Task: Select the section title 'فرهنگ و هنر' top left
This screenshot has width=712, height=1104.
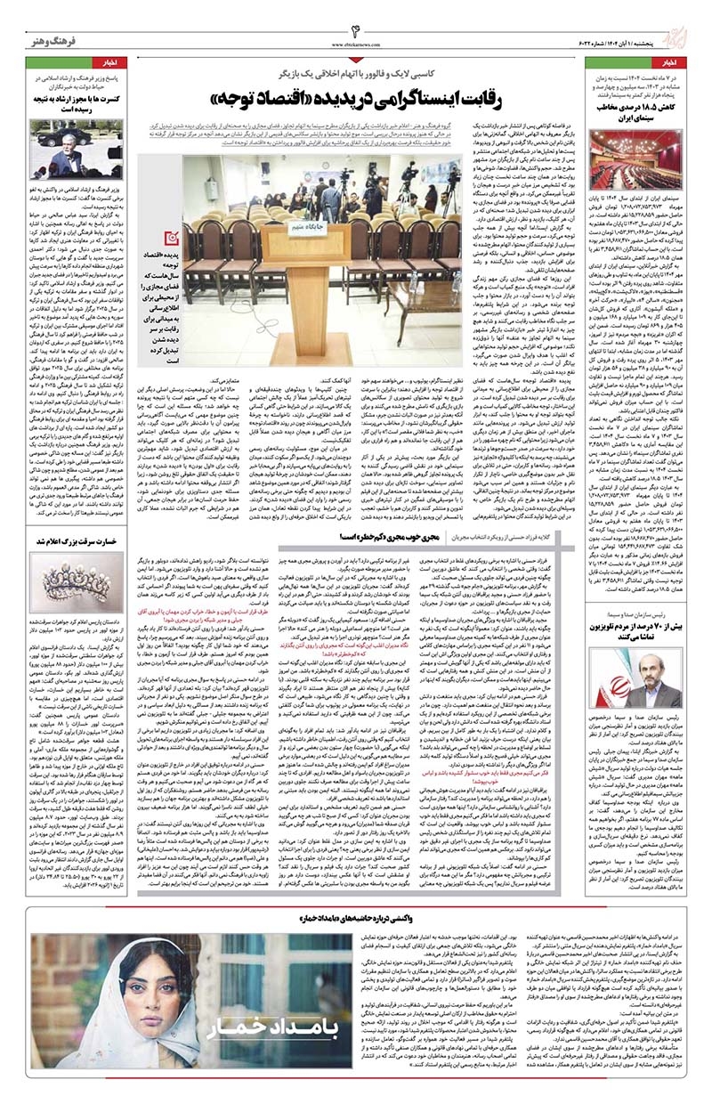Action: tap(53, 38)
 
